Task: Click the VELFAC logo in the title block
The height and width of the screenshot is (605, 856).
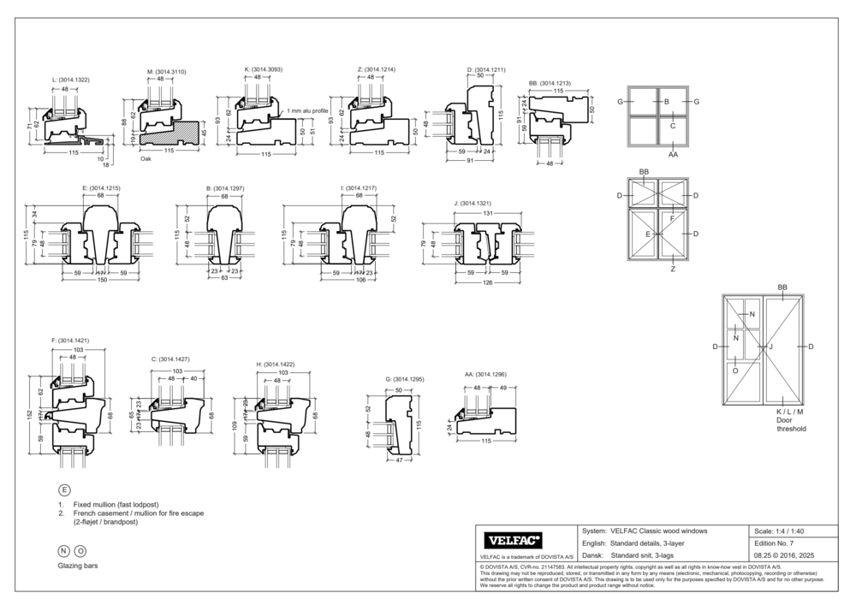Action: click(514, 541)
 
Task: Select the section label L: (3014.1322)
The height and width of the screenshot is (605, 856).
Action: click(70, 79)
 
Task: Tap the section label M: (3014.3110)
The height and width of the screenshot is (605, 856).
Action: click(166, 71)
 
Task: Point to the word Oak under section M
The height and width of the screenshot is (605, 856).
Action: click(146, 158)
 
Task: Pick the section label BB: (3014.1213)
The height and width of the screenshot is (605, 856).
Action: click(550, 83)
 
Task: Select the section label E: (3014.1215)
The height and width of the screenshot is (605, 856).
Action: click(101, 187)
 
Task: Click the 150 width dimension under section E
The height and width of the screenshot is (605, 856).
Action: click(101, 279)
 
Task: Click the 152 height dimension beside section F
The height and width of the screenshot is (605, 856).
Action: click(28, 415)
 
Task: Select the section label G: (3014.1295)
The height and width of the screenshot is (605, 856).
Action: click(405, 378)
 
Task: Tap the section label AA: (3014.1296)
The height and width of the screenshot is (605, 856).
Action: click(485, 374)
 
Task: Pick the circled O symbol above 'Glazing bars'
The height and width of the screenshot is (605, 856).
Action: click(80, 552)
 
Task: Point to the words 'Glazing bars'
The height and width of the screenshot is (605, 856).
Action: click(77, 566)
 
